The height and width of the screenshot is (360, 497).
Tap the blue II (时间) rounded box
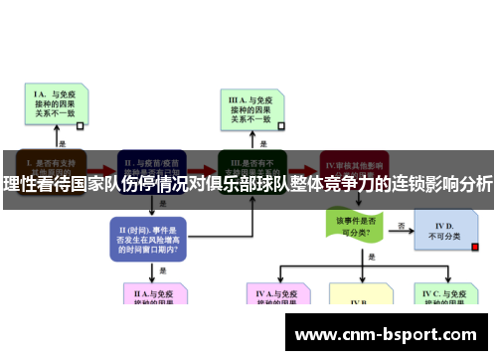(x=148, y=237)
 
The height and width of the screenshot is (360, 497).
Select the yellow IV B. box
(x=362, y=300)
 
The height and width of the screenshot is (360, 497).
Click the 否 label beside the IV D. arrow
(x=402, y=225)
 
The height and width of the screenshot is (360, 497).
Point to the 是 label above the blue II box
(x=161, y=200)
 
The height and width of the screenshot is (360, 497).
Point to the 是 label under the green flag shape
(x=371, y=256)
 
